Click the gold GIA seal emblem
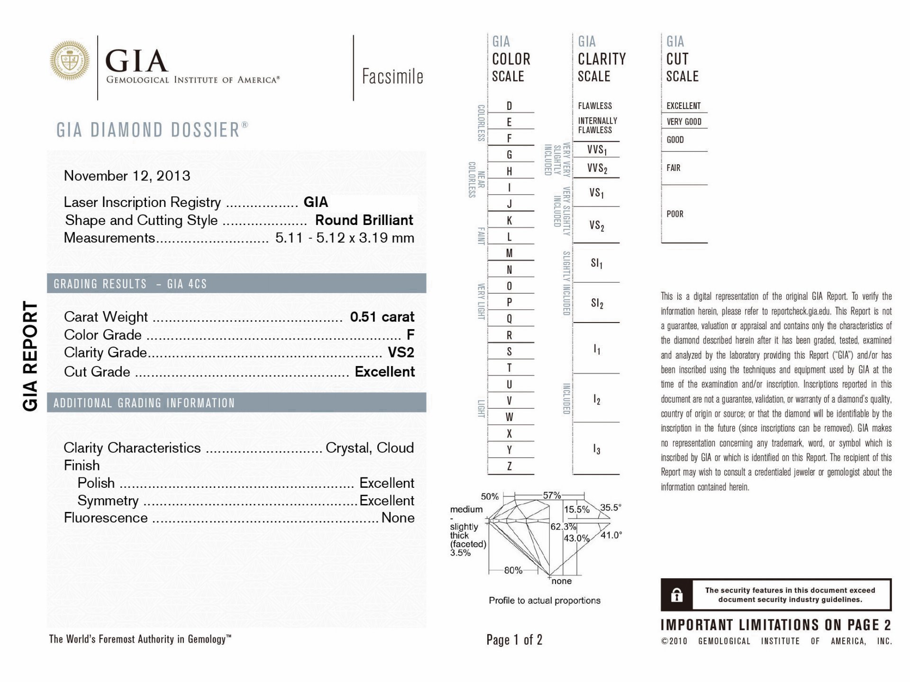pyautogui.click(x=70, y=60)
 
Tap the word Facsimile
pyautogui.click(x=392, y=76)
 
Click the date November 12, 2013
pyautogui.click(x=127, y=176)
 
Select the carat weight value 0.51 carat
pyautogui.click(x=382, y=316)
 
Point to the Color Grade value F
pyautogui.click(x=410, y=334)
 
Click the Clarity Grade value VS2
pyautogui.click(x=400, y=352)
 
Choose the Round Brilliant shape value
pyautogui.click(x=364, y=220)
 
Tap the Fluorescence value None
pyautogui.click(x=398, y=518)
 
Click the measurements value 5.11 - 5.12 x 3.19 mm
pyautogui.click(x=345, y=238)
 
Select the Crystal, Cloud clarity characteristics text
pyautogui.click(x=370, y=448)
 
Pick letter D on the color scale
pyautogui.click(x=509, y=106)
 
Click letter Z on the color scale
pyautogui.click(x=509, y=466)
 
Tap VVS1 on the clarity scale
pyautogui.click(x=597, y=150)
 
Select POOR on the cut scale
pyautogui.click(x=675, y=214)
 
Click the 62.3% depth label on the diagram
pyautogui.click(x=563, y=527)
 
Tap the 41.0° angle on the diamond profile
pyautogui.click(x=611, y=535)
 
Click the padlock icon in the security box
pyautogui.click(x=677, y=595)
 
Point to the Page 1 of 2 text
pyautogui.click(x=514, y=640)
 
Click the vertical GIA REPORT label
pyautogui.click(x=31, y=356)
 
